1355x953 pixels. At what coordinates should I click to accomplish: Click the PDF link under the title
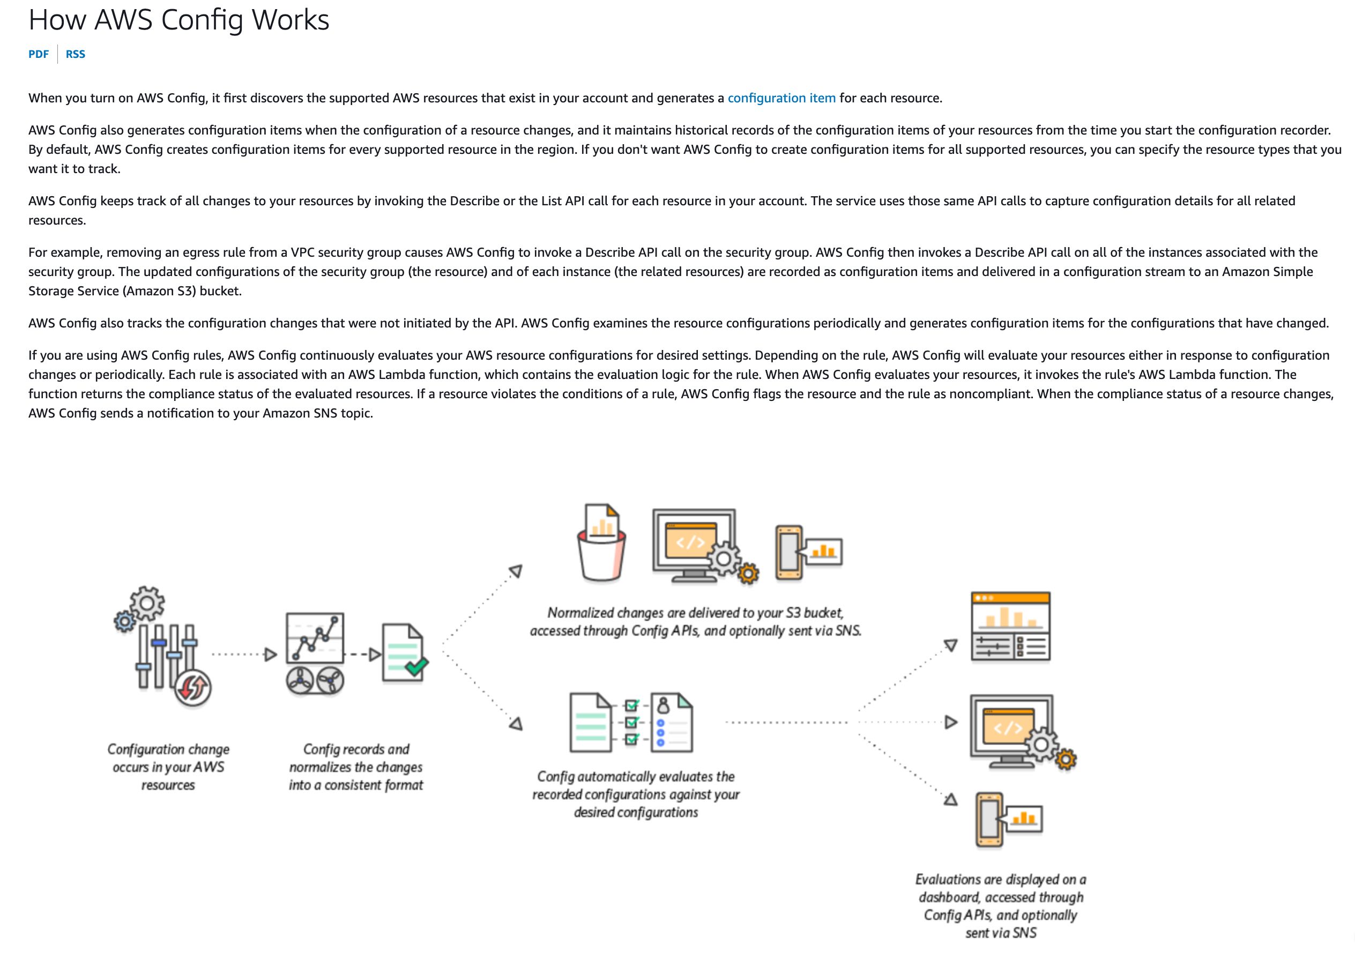[x=39, y=54]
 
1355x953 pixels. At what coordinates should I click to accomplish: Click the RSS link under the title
[x=76, y=54]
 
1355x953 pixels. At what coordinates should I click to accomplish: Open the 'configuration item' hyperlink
[x=781, y=98]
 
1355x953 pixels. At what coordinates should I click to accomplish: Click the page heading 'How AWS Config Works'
[x=179, y=20]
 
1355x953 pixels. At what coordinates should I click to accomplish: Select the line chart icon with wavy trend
[x=315, y=638]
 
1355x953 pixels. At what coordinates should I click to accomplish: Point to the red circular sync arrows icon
[x=193, y=688]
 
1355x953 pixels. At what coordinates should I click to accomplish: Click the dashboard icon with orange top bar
[x=1010, y=627]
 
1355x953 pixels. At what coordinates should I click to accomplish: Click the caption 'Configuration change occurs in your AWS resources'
[x=168, y=767]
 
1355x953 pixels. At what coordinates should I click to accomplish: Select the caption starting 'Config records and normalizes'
[x=356, y=767]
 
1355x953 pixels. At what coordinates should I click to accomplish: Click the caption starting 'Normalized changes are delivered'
[x=696, y=622]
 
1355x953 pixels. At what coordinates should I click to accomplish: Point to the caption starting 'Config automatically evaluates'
[x=636, y=794]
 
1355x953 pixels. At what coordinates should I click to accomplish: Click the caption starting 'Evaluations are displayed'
[x=1001, y=906]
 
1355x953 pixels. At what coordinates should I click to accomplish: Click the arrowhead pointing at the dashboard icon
[x=950, y=645]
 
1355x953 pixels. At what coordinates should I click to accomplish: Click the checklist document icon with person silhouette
[x=672, y=723]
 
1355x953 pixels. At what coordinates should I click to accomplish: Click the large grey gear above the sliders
[x=147, y=603]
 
